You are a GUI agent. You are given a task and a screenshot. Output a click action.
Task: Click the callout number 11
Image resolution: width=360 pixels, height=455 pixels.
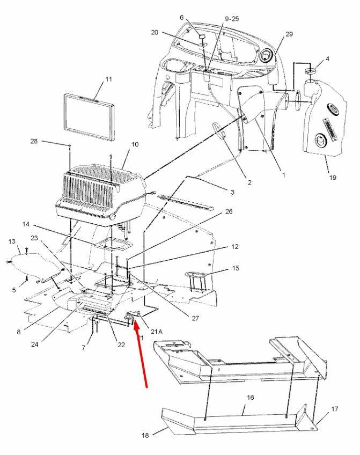pos(108,79)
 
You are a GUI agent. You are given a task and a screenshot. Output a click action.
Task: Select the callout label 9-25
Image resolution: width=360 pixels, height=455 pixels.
pos(232,19)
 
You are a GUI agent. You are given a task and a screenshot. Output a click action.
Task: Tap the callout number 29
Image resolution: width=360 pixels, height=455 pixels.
pos(289,34)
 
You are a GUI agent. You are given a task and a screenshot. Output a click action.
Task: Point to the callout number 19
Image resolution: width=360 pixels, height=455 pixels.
pos(333,177)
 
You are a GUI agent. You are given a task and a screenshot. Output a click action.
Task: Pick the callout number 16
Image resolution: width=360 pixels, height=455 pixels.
pos(250,398)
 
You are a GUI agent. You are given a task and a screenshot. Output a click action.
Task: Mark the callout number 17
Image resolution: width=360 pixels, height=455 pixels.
pos(335,409)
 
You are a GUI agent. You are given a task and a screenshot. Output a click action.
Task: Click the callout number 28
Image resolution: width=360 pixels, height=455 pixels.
pos(33,141)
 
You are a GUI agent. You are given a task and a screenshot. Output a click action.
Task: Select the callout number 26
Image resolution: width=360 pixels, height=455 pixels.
pos(229,211)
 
